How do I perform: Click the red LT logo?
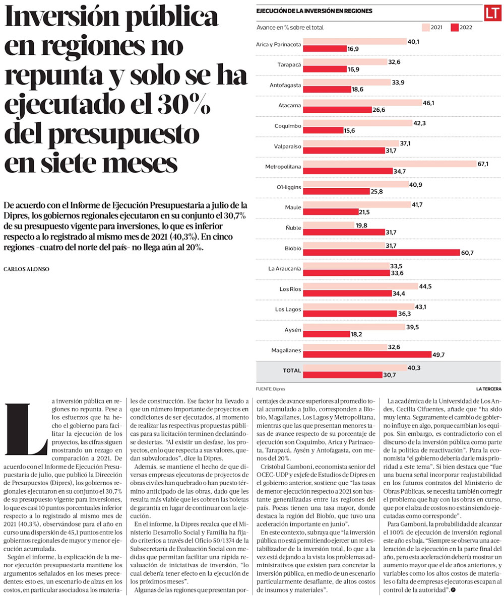coord(491,14)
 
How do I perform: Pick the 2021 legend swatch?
coord(425,27)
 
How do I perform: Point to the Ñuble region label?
coord(293,228)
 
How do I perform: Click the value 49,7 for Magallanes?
coord(438,354)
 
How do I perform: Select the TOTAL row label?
coord(292,370)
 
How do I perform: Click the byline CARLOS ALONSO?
coord(27,269)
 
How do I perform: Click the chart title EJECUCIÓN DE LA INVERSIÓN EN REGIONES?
coord(314,11)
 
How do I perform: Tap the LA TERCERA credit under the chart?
coord(488,389)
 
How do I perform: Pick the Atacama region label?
coord(290,106)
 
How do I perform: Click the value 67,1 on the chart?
coord(483,164)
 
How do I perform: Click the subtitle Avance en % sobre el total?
coord(290,27)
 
